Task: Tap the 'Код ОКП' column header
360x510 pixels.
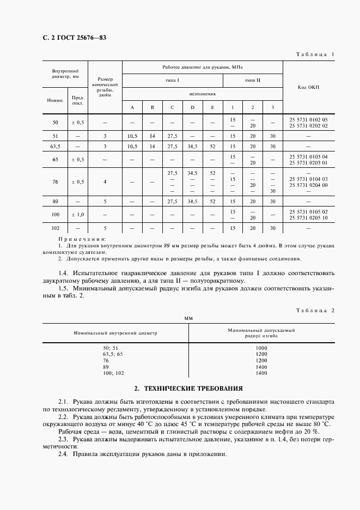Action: (x=309, y=87)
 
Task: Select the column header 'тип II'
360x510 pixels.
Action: (x=253, y=80)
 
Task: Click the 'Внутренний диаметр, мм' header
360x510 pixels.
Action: (x=65, y=74)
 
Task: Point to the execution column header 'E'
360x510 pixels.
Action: (x=212, y=107)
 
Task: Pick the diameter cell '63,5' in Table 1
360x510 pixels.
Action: (x=54, y=147)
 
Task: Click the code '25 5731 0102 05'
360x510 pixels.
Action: (x=309, y=119)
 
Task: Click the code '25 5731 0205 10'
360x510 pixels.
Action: (x=309, y=218)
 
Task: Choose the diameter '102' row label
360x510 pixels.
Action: (x=54, y=228)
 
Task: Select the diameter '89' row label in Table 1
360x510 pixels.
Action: (x=54, y=201)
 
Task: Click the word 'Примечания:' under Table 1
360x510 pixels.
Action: (x=82, y=239)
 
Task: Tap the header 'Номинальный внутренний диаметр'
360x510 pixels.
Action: (x=115, y=333)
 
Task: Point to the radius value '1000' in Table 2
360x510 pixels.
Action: (x=261, y=348)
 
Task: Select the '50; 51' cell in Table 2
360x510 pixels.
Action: (x=110, y=348)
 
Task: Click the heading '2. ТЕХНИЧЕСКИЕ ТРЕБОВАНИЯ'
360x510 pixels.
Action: (x=188, y=388)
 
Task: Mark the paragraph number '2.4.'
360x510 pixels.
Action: (x=64, y=454)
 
